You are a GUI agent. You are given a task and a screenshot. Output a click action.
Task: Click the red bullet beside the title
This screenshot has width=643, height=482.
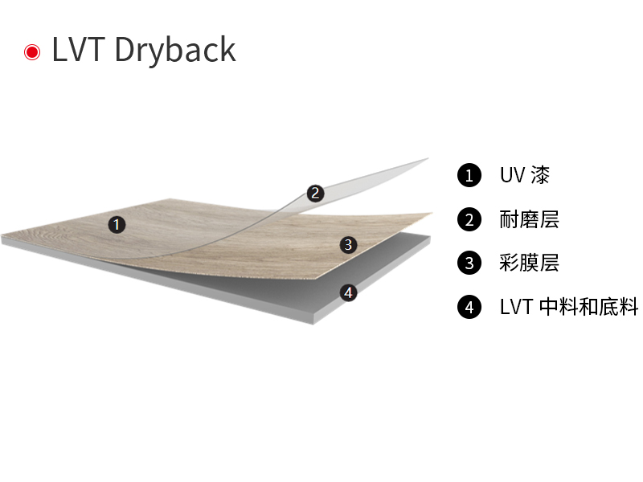(32, 52)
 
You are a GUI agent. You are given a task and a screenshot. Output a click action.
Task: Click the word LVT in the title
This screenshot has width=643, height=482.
(78, 50)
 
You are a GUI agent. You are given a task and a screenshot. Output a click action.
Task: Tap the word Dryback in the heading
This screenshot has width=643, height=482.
(175, 51)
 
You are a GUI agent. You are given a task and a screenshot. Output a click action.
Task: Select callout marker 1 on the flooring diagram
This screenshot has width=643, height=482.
(117, 225)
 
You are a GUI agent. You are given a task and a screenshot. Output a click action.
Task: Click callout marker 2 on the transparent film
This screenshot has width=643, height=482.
(315, 193)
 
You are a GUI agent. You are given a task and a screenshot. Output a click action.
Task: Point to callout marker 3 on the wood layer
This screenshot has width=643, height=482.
(348, 245)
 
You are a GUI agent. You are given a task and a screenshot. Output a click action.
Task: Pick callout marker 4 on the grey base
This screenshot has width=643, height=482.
(348, 292)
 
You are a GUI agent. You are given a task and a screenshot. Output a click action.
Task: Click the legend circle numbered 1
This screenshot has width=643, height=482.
(469, 175)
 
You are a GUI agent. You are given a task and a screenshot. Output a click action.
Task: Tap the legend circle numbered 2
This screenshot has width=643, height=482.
(469, 219)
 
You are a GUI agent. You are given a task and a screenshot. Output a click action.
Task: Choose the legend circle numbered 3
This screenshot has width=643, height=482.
(469, 263)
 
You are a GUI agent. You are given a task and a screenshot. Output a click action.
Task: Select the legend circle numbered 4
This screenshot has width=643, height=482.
(469, 307)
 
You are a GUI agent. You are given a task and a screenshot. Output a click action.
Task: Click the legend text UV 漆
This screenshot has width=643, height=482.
(525, 175)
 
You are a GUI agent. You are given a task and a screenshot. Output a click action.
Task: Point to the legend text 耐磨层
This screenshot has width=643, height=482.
(529, 219)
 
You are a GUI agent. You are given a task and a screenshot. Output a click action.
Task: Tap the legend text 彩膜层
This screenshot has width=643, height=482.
(529, 263)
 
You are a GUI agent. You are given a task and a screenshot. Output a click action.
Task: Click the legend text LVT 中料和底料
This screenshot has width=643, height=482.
(569, 307)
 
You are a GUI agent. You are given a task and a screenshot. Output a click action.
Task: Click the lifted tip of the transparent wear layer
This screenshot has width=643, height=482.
(428, 158)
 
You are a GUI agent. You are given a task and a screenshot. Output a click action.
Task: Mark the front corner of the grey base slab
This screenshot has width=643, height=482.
(313, 324)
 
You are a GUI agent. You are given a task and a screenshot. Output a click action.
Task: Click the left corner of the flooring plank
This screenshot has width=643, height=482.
(2, 238)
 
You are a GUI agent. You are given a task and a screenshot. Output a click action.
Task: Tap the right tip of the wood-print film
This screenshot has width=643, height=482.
(432, 213)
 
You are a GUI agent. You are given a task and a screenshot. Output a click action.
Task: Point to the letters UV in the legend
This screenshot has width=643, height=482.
(512, 175)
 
